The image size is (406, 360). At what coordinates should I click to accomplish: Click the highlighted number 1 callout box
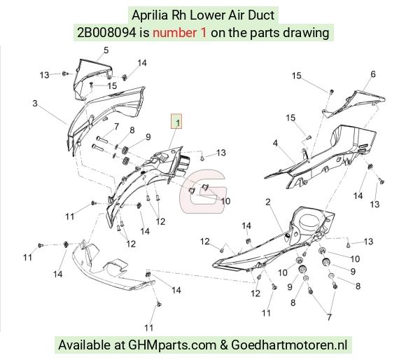pos(176,121)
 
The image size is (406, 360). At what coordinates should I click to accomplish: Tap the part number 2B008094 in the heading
pos(106,33)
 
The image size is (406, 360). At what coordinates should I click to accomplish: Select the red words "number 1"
pos(179,33)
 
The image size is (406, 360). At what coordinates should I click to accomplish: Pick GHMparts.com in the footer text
pos(172,345)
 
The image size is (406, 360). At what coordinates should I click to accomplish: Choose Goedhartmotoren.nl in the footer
pos(289,345)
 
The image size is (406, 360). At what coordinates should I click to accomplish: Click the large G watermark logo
pos(203,191)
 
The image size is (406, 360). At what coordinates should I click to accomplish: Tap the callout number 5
pos(106,50)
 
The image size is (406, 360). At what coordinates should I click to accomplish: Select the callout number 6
pos(373,74)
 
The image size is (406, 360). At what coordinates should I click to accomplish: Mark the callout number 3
pos(35,104)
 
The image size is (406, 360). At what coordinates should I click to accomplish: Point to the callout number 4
pos(275,143)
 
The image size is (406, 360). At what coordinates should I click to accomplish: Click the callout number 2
pos(268,202)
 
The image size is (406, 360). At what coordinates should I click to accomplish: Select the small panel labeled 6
pos(355,103)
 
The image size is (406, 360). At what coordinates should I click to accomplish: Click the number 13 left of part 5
pos(44,75)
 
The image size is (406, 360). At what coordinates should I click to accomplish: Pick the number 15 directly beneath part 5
pos(112,85)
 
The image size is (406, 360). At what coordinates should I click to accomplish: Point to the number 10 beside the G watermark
pos(225,201)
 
